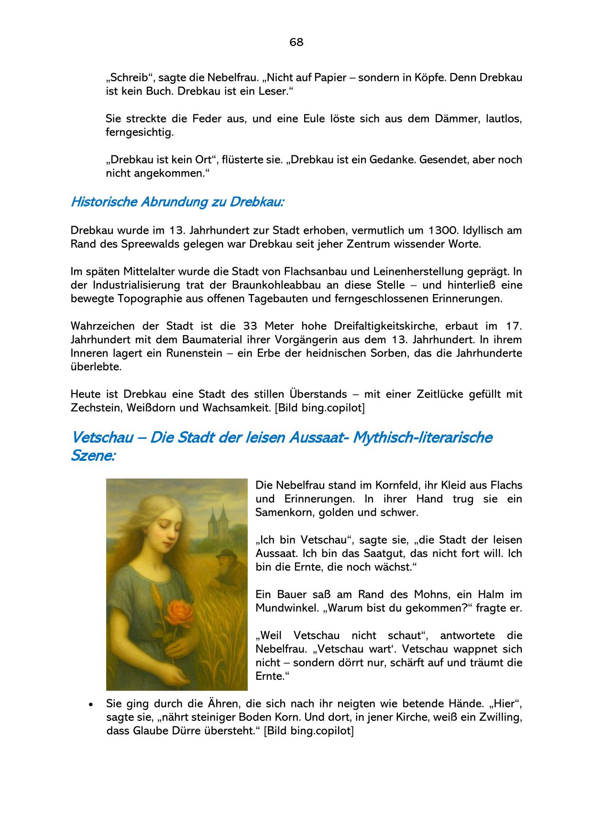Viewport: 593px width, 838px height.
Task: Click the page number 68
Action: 296,42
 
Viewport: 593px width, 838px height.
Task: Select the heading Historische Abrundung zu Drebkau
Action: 177,202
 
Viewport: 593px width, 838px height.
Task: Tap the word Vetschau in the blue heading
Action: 101,437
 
